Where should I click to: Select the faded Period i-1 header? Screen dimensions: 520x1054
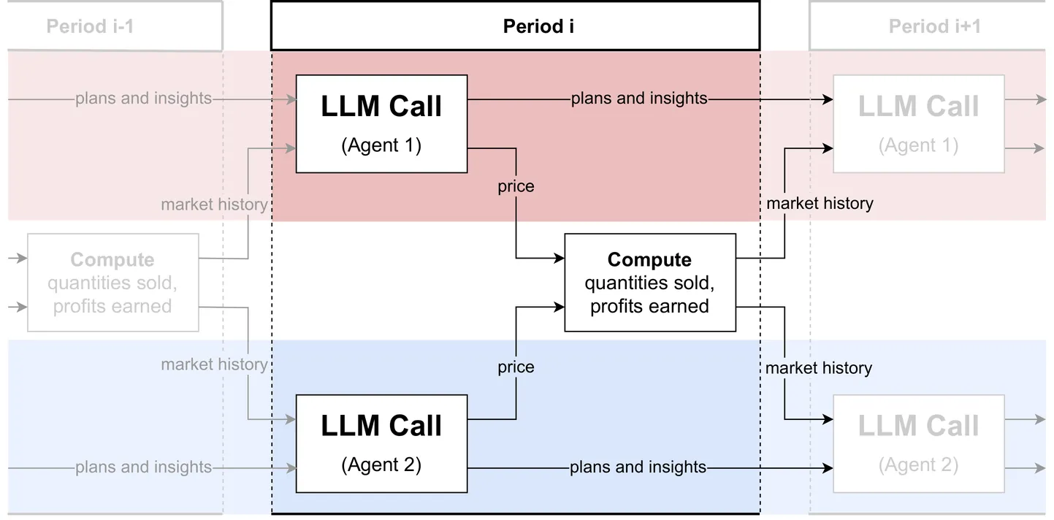click(x=90, y=27)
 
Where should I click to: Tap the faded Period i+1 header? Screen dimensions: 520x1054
click(x=934, y=27)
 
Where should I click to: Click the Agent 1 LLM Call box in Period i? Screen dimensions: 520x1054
click(x=381, y=123)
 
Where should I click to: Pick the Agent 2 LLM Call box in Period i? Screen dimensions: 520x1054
click(x=381, y=443)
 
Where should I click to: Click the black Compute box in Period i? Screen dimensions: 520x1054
click(x=649, y=283)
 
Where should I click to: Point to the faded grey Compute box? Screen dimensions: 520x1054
click(x=112, y=283)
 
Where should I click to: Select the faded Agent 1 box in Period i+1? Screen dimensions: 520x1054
click(x=918, y=123)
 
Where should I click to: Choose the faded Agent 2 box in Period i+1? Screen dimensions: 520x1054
click(x=918, y=443)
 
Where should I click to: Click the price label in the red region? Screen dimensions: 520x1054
click(x=516, y=186)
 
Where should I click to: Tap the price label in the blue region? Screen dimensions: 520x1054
click(x=516, y=367)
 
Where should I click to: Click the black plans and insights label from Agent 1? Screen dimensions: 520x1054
click(x=639, y=99)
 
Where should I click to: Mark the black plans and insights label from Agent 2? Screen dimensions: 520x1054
click(x=638, y=467)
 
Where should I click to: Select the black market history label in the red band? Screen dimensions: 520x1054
click(x=820, y=204)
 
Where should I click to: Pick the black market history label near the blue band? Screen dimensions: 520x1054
click(x=819, y=368)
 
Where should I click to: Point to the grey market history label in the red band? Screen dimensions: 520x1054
click(x=214, y=204)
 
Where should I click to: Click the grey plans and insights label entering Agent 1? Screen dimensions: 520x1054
click(x=143, y=99)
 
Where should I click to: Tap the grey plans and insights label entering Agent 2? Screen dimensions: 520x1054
click(x=143, y=467)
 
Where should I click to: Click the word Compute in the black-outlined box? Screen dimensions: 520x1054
click(x=649, y=260)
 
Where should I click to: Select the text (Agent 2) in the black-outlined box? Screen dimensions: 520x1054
click(x=381, y=465)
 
